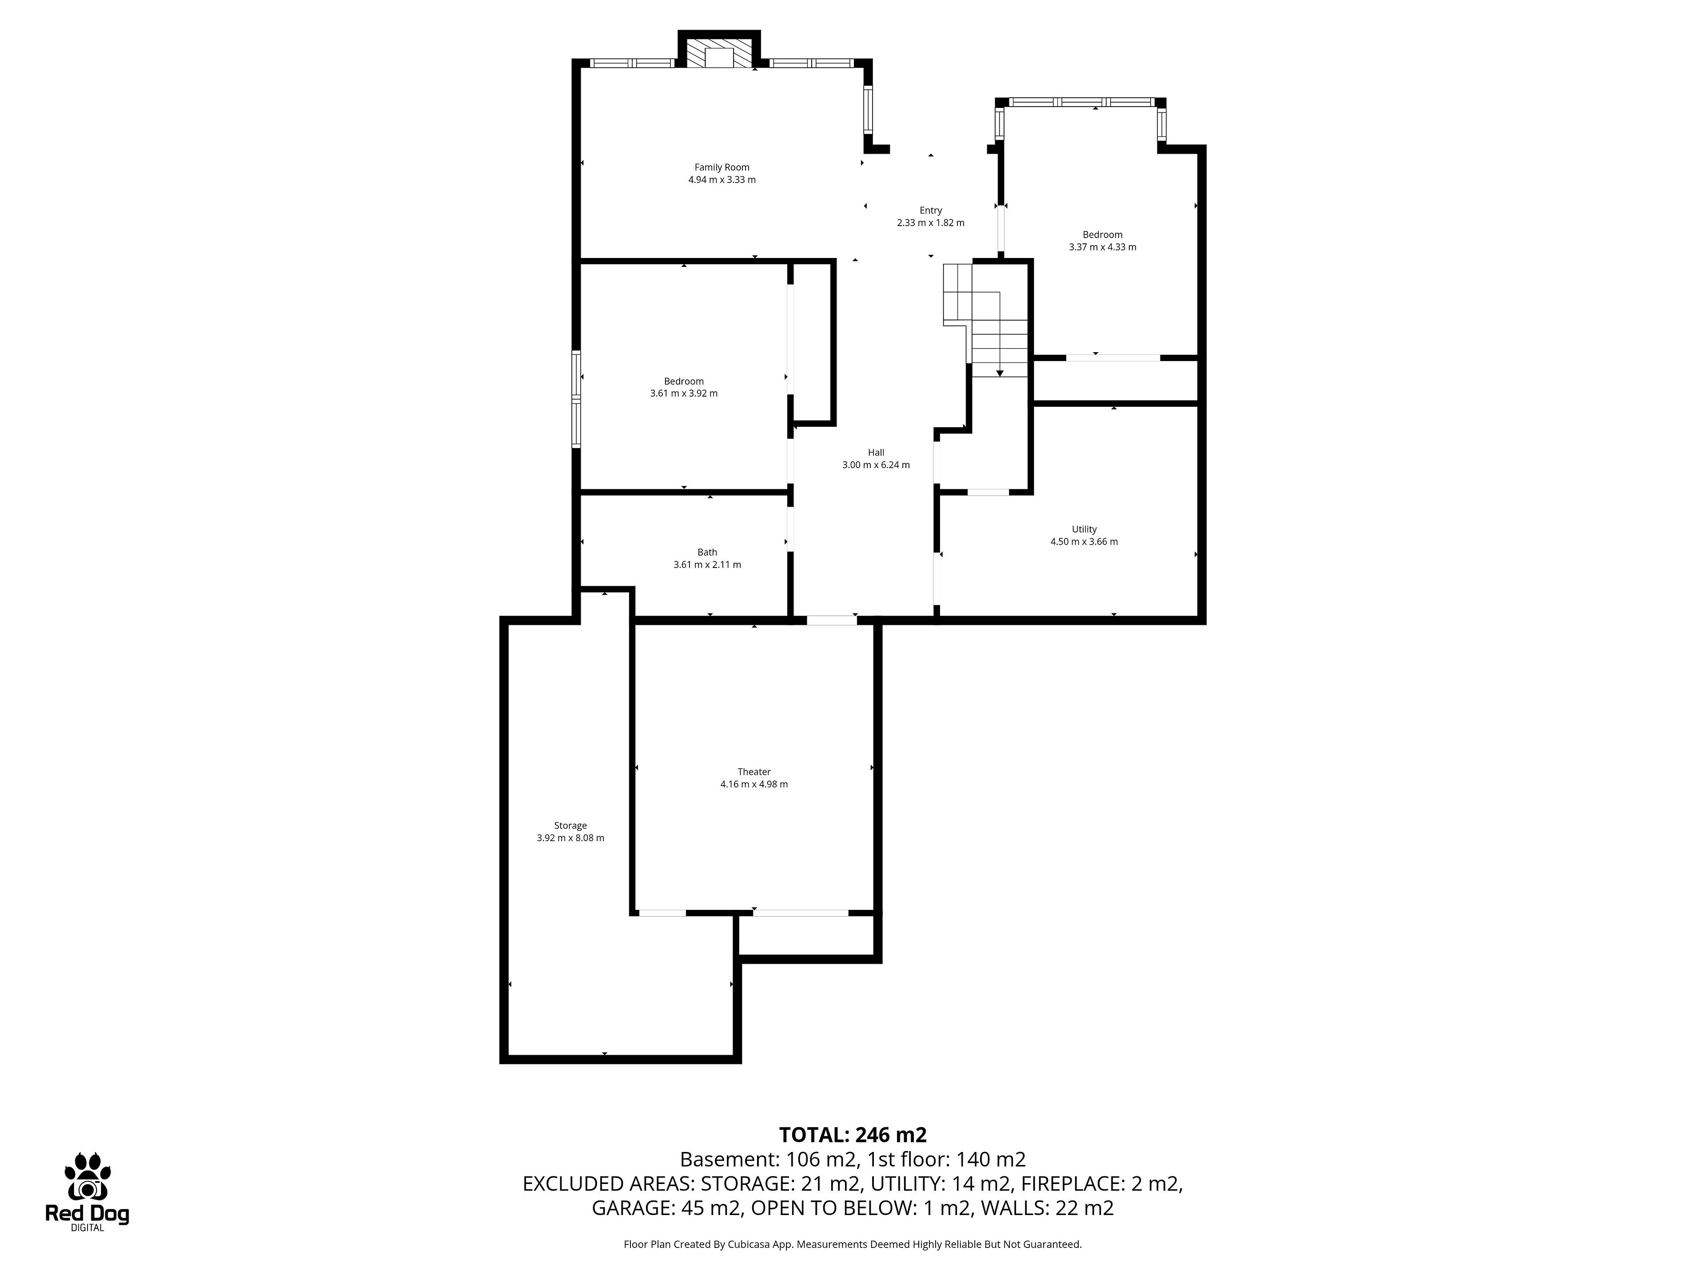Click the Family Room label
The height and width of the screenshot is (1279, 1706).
(722, 167)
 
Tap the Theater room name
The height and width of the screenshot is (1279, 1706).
(754, 772)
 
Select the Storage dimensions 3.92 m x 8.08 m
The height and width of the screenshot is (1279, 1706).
(571, 838)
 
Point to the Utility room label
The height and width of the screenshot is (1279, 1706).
(1084, 530)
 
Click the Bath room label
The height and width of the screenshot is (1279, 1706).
(707, 552)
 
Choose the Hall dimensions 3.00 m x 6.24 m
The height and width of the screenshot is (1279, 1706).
(876, 465)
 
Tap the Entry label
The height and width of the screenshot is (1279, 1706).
(931, 211)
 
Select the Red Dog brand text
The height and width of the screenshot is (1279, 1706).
(87, 1214)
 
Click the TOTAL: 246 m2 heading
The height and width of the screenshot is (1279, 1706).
(853, 1135)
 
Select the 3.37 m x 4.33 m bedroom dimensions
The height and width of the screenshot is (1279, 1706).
(1103, 247)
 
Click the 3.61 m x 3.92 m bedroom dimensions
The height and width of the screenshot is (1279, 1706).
(684, 393)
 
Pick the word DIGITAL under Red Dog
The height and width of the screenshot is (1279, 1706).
(87, 1228)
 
